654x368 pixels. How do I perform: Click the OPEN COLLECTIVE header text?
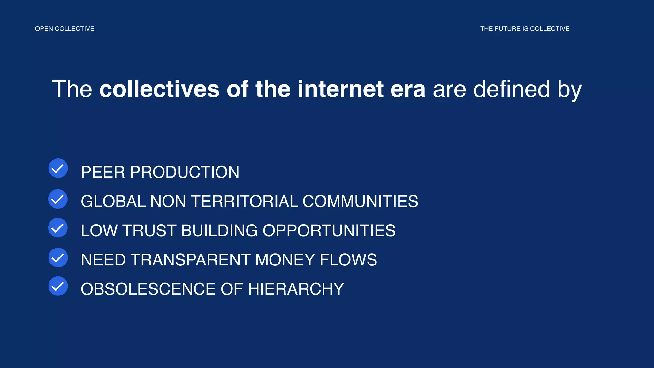pos(65,29)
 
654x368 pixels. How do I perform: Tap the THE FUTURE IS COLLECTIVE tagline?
pos(525,29)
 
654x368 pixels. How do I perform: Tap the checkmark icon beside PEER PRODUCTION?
pos(58,168)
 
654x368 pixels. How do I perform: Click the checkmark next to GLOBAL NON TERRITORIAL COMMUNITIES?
pos(58,199)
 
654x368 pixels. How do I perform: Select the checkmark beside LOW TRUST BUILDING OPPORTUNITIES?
pos(58,228)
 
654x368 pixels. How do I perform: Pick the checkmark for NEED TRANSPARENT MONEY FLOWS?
pos(58,257)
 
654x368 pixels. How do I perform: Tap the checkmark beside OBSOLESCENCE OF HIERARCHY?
pos(58,286)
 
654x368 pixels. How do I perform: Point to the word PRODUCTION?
pos(185,172)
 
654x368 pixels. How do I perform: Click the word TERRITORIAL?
pos(244,202)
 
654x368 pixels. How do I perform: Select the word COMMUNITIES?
pos(360,202)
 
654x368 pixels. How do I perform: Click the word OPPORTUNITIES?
pos(329,231)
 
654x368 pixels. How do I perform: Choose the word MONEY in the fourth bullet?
pos(285,260)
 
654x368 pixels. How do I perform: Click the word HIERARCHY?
pos(296,289)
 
